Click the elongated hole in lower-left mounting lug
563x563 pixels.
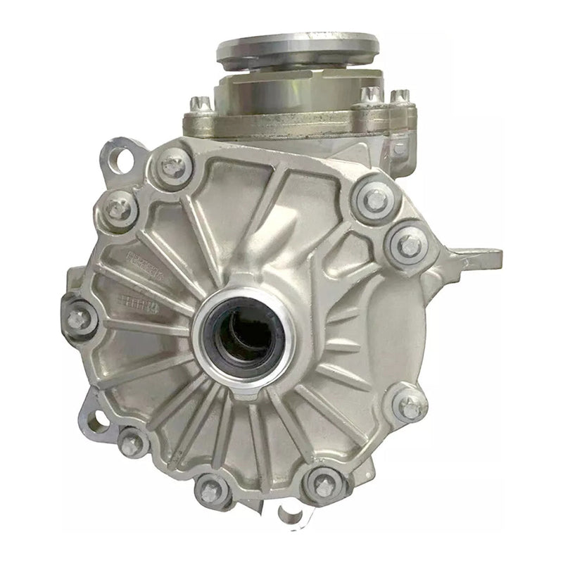[99, 421]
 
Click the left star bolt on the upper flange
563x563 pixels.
[200, 103]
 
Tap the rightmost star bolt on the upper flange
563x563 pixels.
[400, 96]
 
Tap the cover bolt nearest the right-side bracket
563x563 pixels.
[409, 245]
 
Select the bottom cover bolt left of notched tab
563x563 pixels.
[208, 490]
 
